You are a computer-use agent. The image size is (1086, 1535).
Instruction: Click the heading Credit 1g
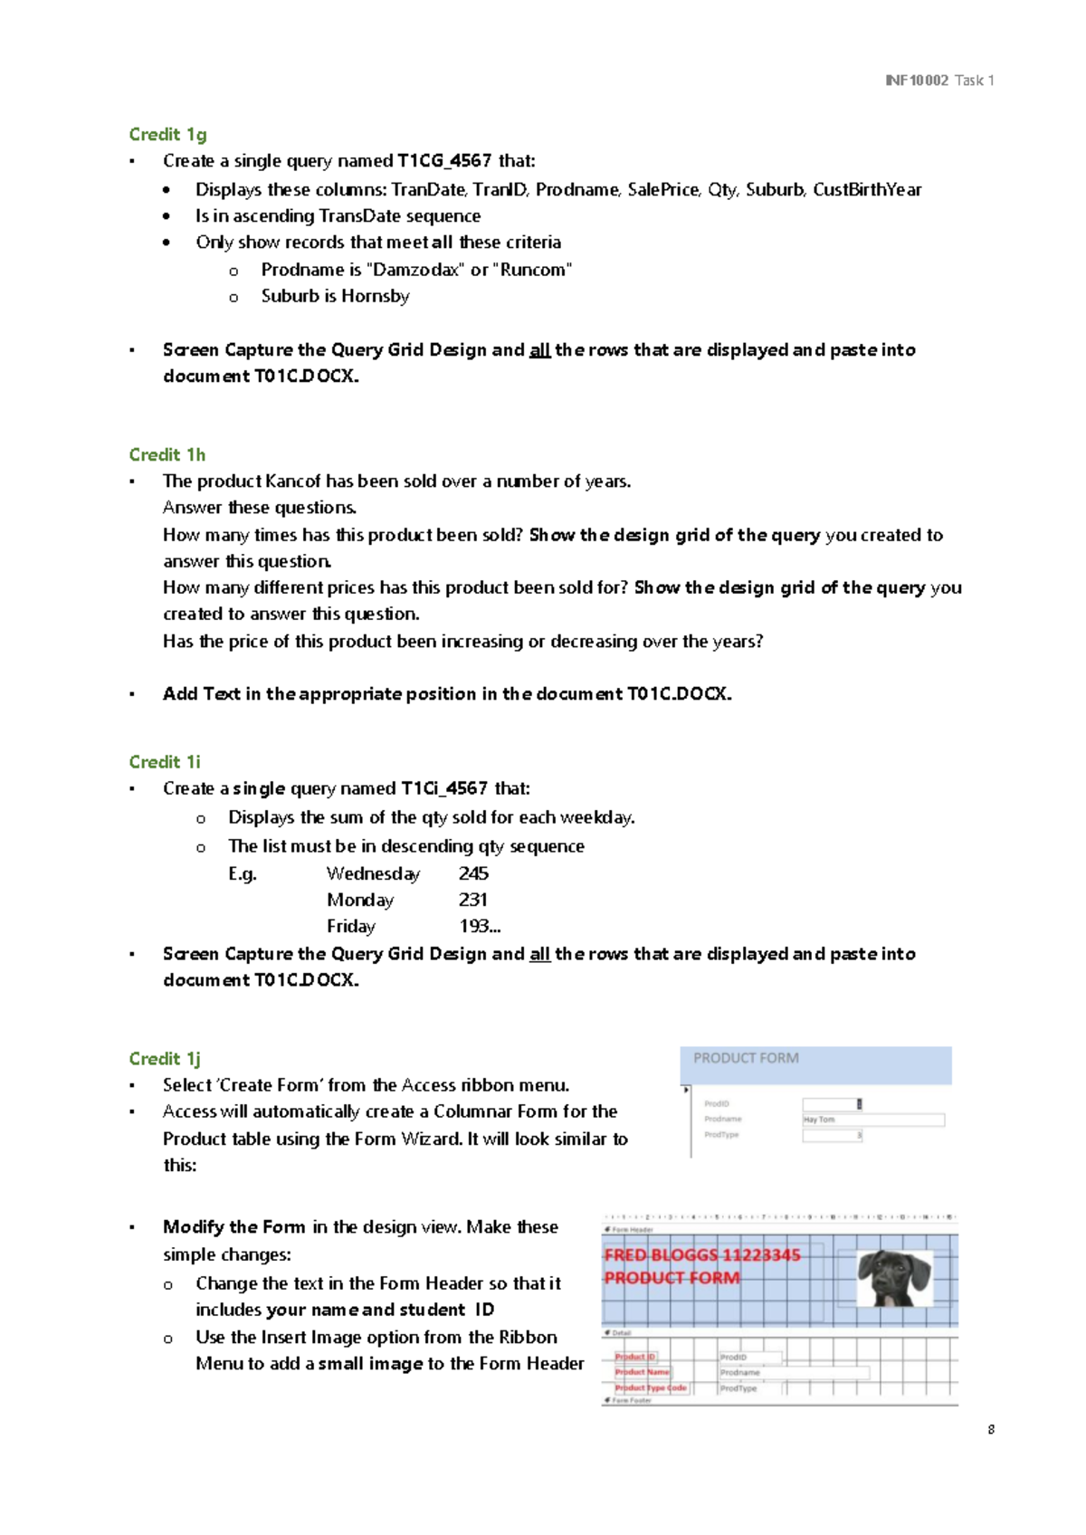(167, 135)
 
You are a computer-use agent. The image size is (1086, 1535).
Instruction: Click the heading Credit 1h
(167, 454)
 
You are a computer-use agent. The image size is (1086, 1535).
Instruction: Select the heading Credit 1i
(165, 762)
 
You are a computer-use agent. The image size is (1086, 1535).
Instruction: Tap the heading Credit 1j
(165, 1058)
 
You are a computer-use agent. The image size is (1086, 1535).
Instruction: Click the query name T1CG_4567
(444, 161)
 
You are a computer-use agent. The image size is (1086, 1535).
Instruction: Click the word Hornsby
(375, 296)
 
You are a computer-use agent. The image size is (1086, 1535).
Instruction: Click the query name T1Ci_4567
(444, 788)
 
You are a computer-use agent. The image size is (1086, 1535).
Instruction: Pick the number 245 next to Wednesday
(473, 873)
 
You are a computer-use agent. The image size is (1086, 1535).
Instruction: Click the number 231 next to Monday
(472, 900)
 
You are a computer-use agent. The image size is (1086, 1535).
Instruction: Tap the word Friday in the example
(351, 926)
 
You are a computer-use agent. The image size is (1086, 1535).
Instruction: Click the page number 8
(991, 1430)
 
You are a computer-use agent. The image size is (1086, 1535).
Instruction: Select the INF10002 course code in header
(917, 81)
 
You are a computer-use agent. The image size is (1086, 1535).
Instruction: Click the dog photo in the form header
(894, 1278)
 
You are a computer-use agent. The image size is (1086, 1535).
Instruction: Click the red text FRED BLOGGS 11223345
(702, 1255)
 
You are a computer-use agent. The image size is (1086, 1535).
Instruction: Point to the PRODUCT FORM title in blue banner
(746, 1058)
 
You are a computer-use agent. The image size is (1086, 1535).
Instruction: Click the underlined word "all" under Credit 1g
(539, 350)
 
